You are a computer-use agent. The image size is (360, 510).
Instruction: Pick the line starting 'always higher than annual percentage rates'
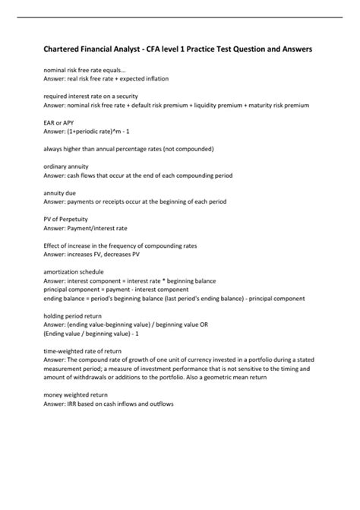point(128,148)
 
